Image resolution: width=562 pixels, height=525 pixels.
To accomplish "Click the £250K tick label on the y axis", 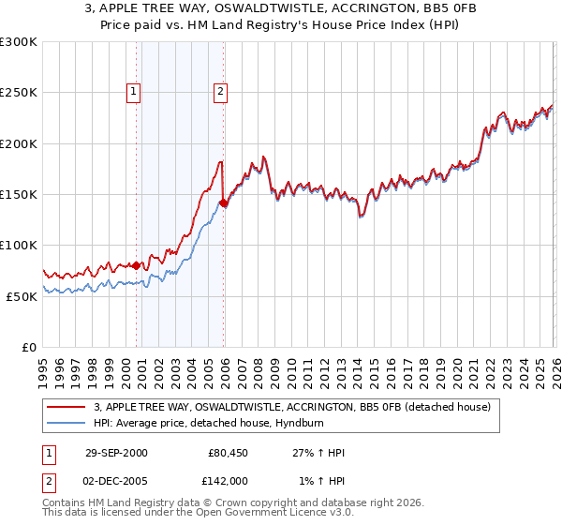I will tap(19, 93).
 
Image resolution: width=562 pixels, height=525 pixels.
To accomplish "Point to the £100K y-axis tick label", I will tap(19, 245).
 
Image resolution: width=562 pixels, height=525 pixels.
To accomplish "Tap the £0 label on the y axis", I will tap(29, 347).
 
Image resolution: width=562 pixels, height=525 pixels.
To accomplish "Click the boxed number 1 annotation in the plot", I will tap(134, 92).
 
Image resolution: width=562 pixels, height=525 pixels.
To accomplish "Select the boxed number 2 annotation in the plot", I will tap(219, 92).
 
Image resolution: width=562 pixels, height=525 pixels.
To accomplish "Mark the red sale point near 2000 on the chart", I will tap(137, 265).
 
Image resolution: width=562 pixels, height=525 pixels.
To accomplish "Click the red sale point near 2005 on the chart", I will tap(223, 202).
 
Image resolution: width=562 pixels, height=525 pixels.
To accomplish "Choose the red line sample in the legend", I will tap(67, 408).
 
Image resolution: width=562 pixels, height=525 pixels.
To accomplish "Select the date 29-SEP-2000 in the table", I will tap(116, 453).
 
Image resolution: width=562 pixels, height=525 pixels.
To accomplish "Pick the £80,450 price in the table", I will tap(228, 453).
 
